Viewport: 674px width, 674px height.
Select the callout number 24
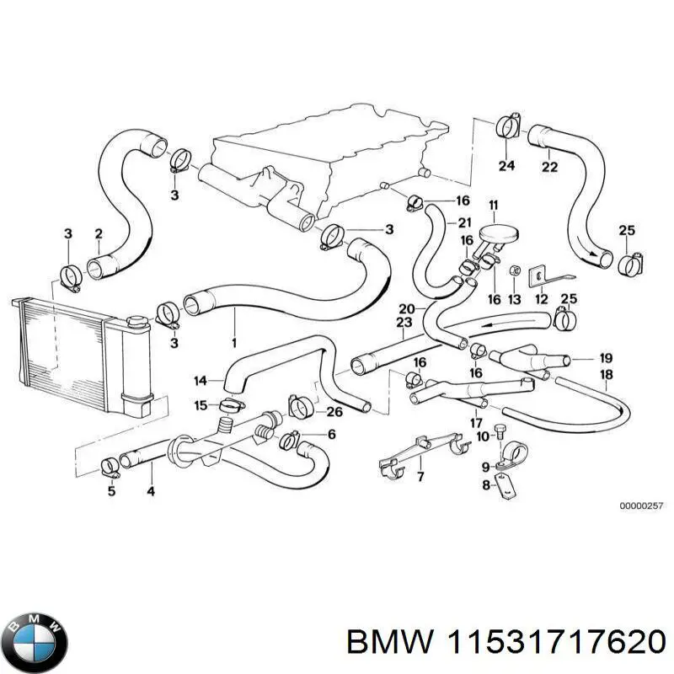click(505, 166)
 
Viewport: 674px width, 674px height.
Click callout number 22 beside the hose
click(549, 167)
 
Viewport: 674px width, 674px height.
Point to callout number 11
click(493, 205)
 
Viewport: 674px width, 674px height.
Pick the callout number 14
click(200, 381)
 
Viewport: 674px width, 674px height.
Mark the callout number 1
click(233, 342)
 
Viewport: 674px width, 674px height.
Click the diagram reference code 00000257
click(642, 505)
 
